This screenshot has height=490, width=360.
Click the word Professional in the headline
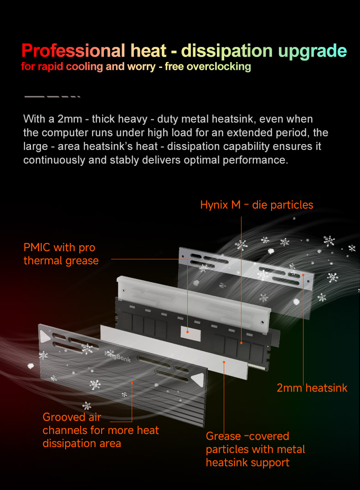point(73,51)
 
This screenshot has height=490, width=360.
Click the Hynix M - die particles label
point(257,205)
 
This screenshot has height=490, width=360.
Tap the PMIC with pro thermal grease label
point(61,254)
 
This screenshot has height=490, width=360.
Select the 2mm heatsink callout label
point(312,388)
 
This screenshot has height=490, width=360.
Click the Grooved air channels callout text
point(101,430)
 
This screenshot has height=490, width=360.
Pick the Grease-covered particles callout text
point(255,449)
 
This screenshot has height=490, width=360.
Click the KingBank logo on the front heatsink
point(118,356)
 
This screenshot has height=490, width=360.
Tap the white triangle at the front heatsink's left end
point(45,336)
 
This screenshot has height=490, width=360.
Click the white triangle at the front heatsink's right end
point(198,380)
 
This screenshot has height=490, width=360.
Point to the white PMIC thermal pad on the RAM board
point(190,333)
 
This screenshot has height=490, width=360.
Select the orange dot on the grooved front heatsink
point(132,383)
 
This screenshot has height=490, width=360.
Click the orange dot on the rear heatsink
point(303,275)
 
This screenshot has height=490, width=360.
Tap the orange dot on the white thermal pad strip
point(224,362)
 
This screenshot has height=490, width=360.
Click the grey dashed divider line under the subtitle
point(52,97)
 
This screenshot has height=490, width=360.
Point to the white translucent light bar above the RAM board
point(194,302)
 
